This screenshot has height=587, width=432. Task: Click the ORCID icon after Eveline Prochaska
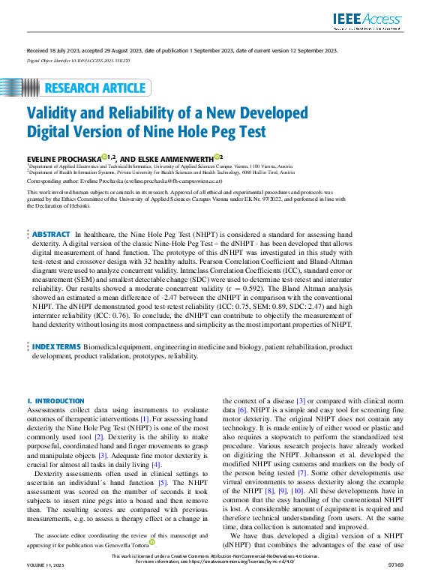tap(110, 157)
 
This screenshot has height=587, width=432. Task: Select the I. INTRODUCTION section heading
tap(55, 401)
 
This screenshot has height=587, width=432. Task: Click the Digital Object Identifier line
tap(77, 59)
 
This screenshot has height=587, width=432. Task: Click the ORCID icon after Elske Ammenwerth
tap(217, 157)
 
